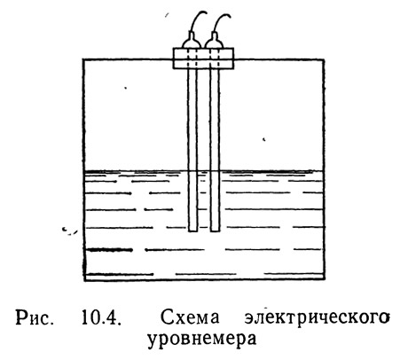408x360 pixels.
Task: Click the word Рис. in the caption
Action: pos(35,317)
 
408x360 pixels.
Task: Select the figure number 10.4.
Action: pos(101,317)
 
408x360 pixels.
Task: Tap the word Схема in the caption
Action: pos(190,317)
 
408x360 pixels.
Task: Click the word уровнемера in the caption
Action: pos(202,340)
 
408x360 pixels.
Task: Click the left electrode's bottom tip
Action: pos(192,231)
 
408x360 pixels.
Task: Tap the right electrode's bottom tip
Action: pos(215,231)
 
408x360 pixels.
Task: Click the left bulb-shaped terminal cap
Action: pos(192,42)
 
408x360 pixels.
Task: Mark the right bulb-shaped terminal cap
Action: pos(215,42)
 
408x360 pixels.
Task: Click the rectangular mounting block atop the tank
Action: pos(203,59)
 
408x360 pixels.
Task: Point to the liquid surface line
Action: pos(204,171)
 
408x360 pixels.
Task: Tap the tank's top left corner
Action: pos(83,60)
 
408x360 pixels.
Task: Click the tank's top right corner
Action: pos(324,60)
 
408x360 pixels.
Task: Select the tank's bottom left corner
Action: pos(84,280)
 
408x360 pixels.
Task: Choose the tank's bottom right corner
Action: pos(324,279)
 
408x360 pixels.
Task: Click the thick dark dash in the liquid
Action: pos(111,250)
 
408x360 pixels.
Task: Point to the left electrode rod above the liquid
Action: pos(192,120)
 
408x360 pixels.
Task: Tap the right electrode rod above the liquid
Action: pos(215,120)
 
